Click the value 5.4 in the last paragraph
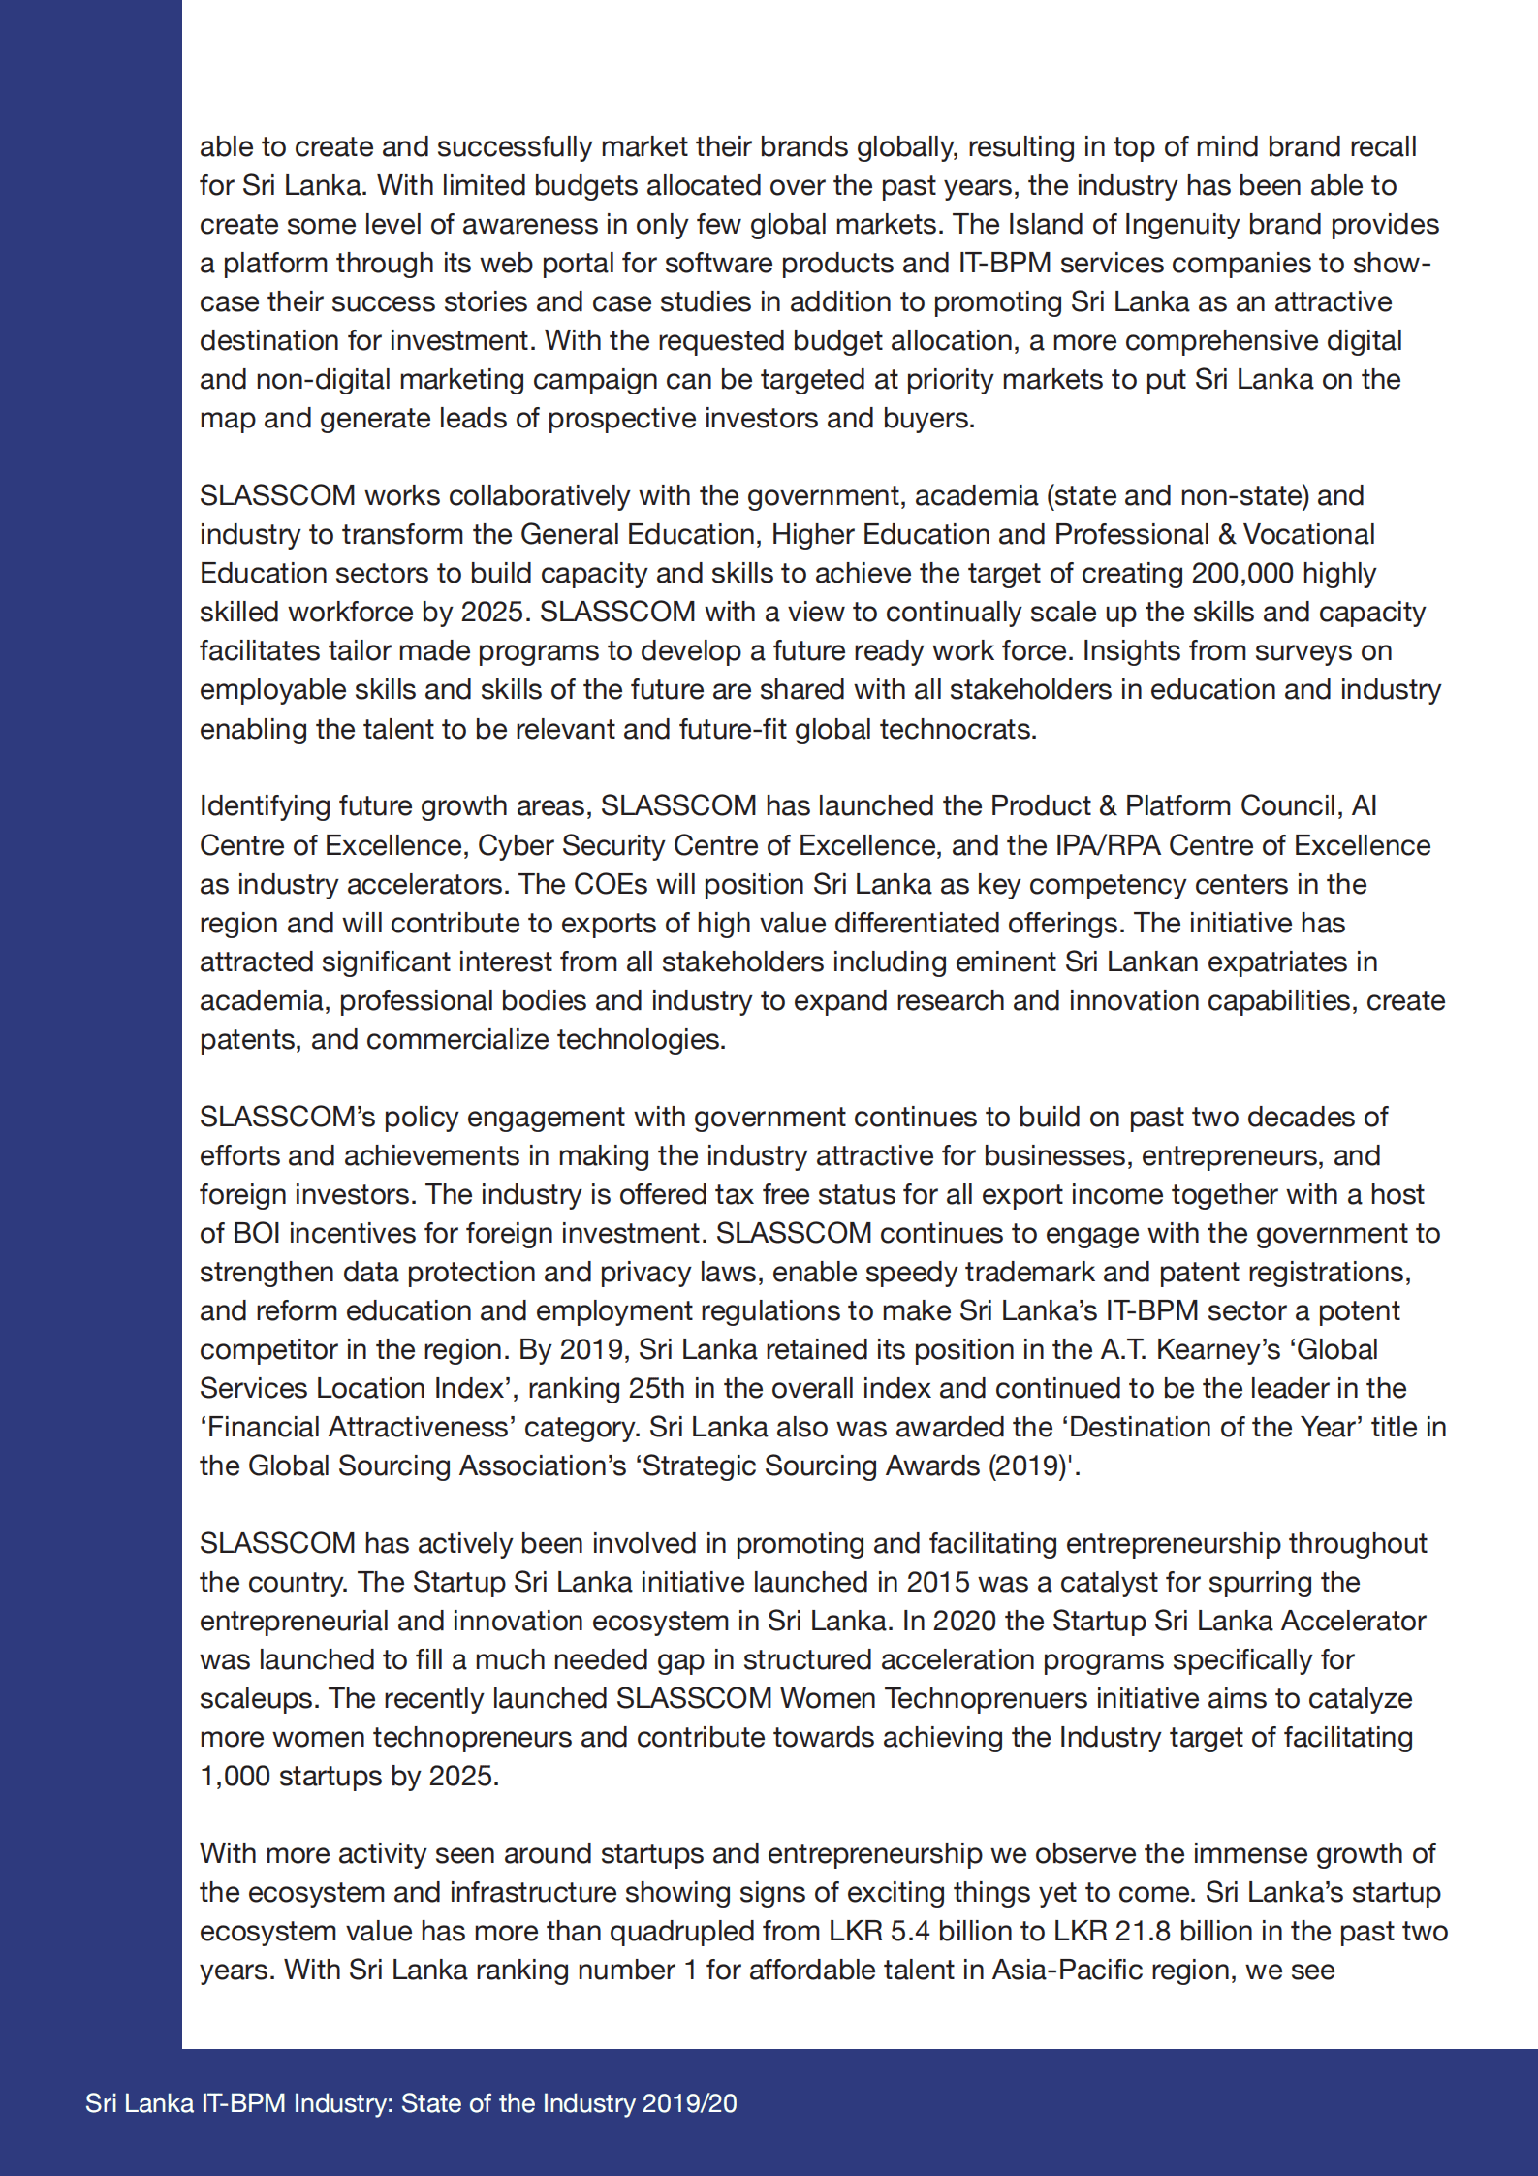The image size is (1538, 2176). pos(910,1931)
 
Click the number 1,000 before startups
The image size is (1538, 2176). pos(235,1776)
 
